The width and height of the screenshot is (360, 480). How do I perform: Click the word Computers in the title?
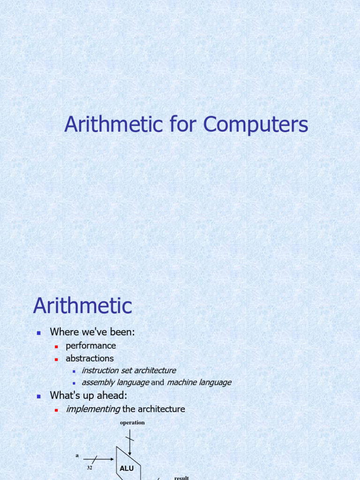click(256, 125)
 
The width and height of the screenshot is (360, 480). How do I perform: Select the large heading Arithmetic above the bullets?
click(82, 306)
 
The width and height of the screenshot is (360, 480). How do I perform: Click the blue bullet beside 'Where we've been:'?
click(39, 333)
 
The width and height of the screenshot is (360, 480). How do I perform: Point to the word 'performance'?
click(90, 345)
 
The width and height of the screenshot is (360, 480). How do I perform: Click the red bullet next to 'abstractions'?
click(56, 359)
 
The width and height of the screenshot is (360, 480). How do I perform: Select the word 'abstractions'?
click(90, 359)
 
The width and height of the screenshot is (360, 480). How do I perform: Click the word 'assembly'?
click(98, 382)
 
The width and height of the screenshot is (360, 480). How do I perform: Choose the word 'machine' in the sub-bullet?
click(183, 382)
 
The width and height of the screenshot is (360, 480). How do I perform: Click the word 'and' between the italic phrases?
click(157, 382)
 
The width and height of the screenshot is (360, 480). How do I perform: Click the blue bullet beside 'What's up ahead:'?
click(39, 397)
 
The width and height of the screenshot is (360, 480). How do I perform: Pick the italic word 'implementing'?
click(93, 409)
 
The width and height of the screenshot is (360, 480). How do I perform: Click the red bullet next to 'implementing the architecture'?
click(56, 410)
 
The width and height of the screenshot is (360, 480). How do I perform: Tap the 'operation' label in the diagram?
click(132, 422)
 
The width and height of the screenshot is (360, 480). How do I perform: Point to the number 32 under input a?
click(89, 467)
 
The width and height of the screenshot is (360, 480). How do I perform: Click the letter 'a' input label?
click(77, 455)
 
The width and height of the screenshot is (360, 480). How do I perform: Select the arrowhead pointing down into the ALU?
click(130, 453)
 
